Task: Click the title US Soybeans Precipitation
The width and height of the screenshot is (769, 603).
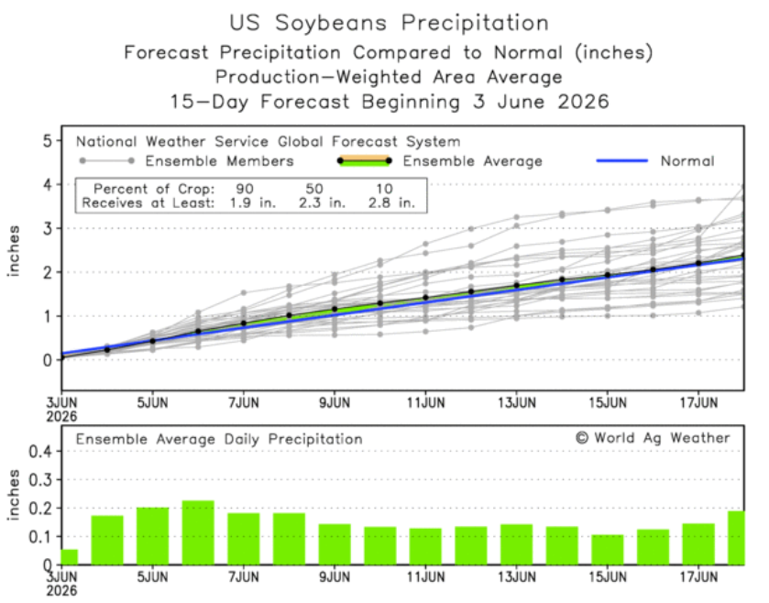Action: pyautogui.click(x=389, y=23)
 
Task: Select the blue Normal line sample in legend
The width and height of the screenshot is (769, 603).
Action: pyautogui.click(x=621, y=160)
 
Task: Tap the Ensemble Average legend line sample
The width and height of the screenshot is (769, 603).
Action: pyautogui.click(x=365, y=160)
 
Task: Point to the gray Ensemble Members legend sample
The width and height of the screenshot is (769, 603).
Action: pyautogui.click(x=107, y=160)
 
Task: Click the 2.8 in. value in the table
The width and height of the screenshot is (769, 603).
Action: pyautogui.click(x=391, y=203)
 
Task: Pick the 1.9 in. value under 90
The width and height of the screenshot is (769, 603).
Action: pyautogui.click(x=253, y=203)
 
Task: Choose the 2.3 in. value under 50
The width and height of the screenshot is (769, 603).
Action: pyautogui.click(x=323, y=203)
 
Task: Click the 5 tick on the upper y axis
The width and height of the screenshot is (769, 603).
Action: pyautogui.click(x=47, y=141)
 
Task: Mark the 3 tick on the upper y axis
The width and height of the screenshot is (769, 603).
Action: pyautogui.click(x=47, y=228)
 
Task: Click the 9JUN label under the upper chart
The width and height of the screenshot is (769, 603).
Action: pyautogui.click(x=335, y=403)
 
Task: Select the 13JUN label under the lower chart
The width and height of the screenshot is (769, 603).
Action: pyautogui.click(x=516, y=576)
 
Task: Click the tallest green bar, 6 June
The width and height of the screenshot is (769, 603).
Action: pyautogui.click(x=198, y=532)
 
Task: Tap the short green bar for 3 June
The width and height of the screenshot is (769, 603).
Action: pyautogui.click(x=70, y=557)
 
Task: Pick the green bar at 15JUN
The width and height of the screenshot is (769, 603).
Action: pyautogui.click(x=607, y=550)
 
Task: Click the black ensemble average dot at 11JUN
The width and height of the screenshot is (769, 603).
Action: pyautogui.click(x=425, y=298)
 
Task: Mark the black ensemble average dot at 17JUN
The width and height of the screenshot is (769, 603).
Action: pyautogui.click(x=698, y=263)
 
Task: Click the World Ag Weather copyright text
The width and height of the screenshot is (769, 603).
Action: pyautogui.click(x=653, y=438)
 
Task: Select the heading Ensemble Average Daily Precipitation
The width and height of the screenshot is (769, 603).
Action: pyautogui.click(x=219, y=439)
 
